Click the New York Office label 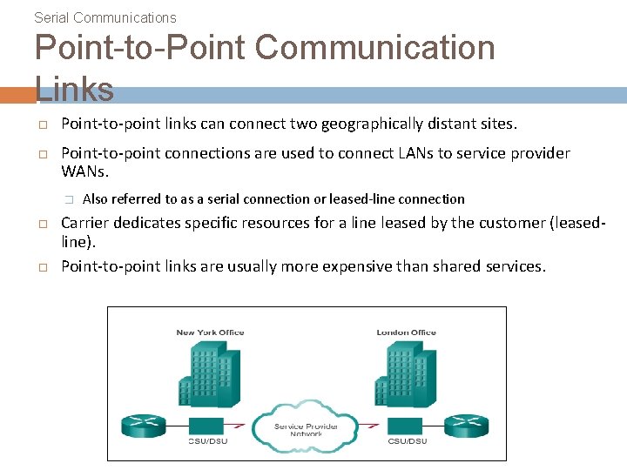click(x=210, y=332)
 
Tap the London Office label click(x=406, y=332)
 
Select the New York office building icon click(x=209, y=374)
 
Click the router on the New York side click(x=141, y=426)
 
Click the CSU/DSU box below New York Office click(x=210, y=426)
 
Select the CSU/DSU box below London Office click(x=406, y=426)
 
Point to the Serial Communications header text click(x=104, y=17)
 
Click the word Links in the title click(x=75, y=89)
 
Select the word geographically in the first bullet click(x=371, y=124)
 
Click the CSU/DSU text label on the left click(x=210, y=441)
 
